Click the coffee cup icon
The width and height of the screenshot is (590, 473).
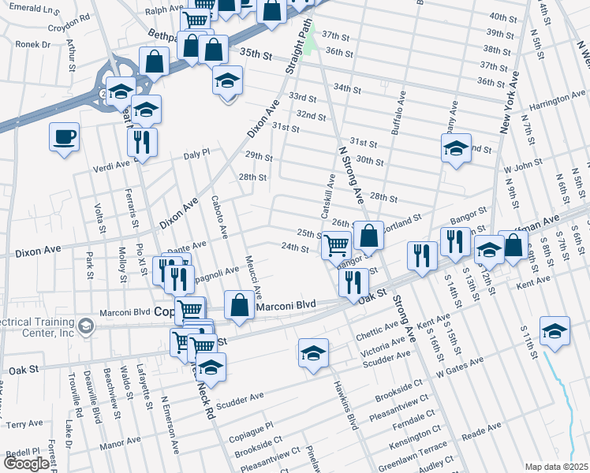click(65, 137)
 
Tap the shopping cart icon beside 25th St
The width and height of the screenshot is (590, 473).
click(337, 244)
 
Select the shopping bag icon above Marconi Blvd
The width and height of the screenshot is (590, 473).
click(239, 305)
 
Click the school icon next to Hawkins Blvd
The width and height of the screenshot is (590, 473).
click(313, 352)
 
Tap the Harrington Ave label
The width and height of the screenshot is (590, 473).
click(557, 102)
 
